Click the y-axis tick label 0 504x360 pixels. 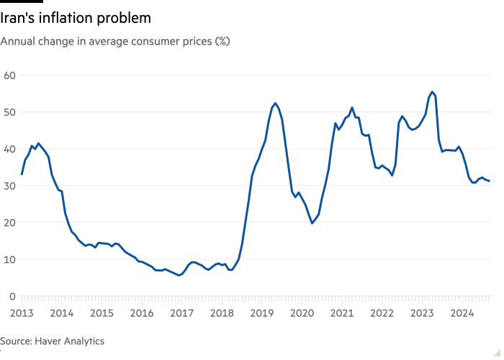click(x=12, y=296)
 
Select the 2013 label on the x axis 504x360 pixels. click(x=22, y=313)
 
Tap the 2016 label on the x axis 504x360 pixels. click(x=142, y=313)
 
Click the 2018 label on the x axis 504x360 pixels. click(x=222, y=313)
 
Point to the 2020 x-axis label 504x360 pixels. click(x=302, y=313)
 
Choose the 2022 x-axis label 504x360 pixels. click(x=382, y=313)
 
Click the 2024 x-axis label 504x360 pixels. click(x=462, y=313)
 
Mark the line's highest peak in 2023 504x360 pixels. click(x=431, y=92)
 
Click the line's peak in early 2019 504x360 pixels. click(x=275, y=103)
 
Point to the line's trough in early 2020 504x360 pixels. click(x=312, y=223)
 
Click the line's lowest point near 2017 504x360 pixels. click(x=179, y=275)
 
